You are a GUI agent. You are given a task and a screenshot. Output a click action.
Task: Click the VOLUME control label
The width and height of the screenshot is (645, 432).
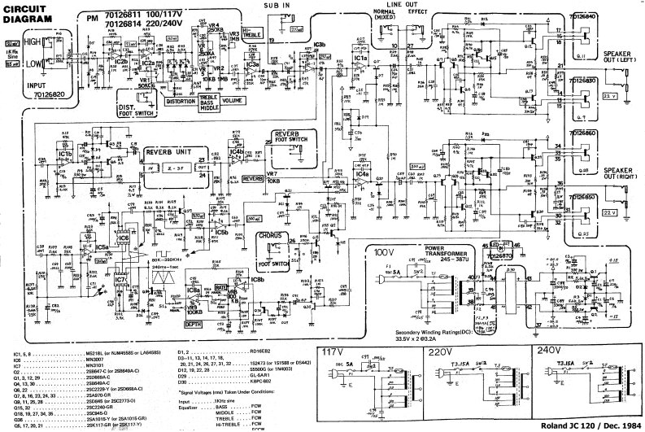(233, 102)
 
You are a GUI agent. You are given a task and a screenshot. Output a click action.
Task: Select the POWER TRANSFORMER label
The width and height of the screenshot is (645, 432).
(446, 229)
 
